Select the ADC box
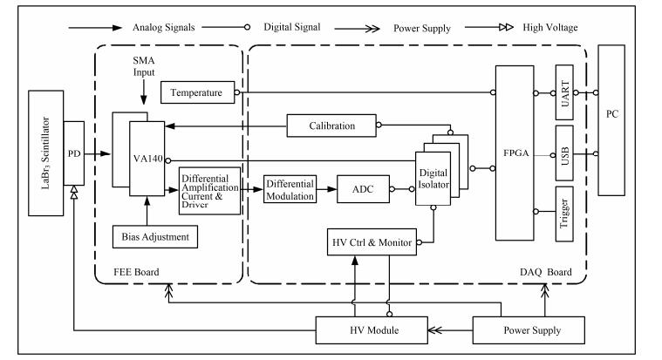point(362,188)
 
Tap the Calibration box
point(332,126)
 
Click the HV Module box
point(371,330)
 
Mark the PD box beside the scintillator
point(74,153)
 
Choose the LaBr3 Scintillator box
point(45,153)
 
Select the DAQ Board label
point(545,272)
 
